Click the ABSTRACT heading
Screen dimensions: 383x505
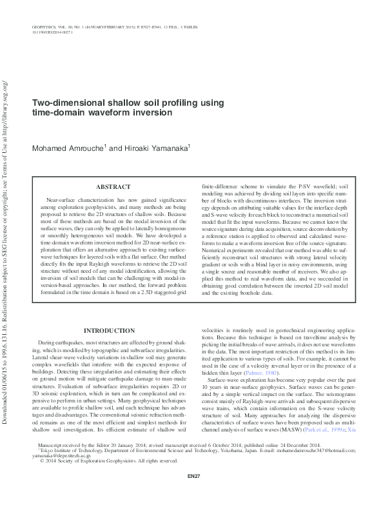(x=113, y=187)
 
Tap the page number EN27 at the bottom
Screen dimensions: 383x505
(x=191, y=493)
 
